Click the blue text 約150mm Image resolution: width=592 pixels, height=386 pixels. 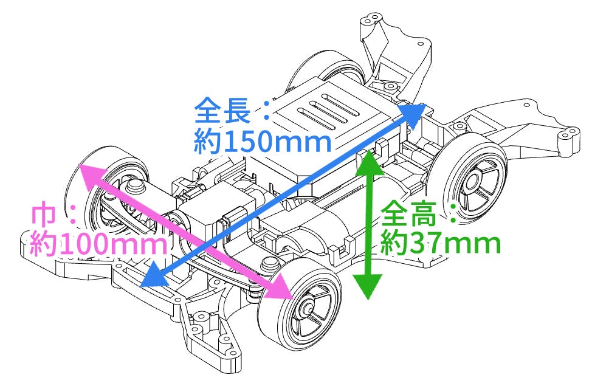(263, 143)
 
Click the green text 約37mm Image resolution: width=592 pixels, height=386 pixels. (439, 243)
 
